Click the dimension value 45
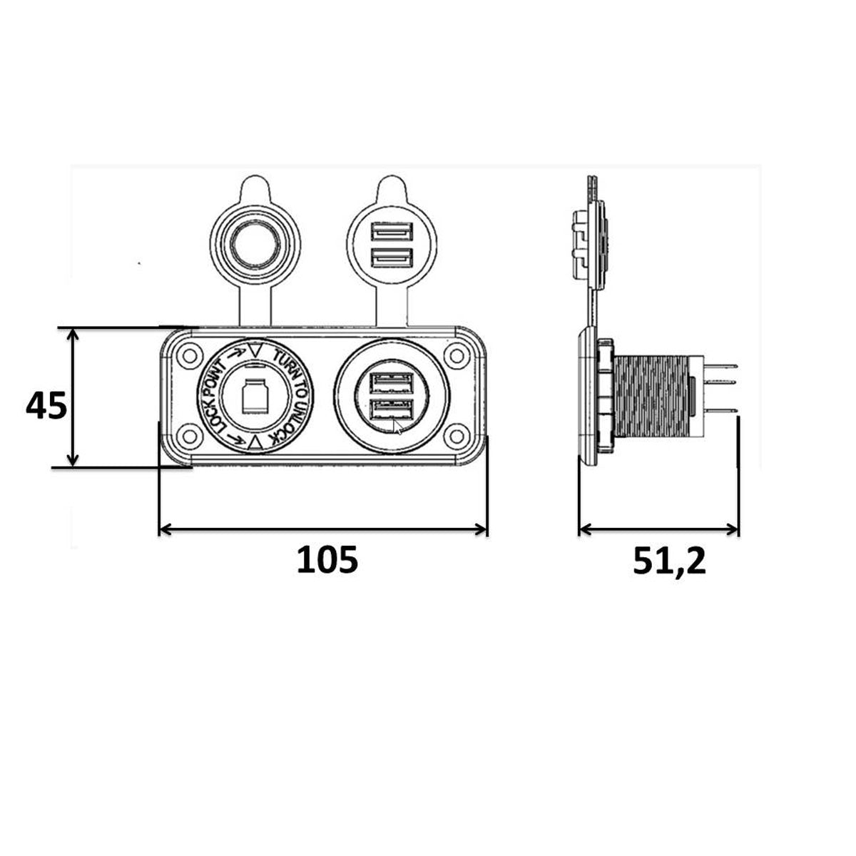46,407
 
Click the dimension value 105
327,561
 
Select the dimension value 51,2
669,561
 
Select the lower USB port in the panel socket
392,412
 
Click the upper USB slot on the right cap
391,232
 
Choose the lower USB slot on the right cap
391,257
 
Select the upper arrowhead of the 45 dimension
73,335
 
